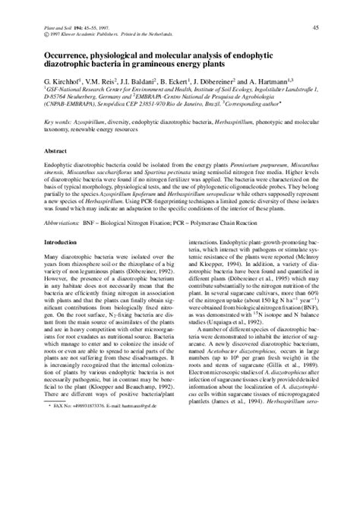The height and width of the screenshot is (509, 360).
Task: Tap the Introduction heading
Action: (64, 242)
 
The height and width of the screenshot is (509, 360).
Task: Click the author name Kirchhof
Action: (71, 80)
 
